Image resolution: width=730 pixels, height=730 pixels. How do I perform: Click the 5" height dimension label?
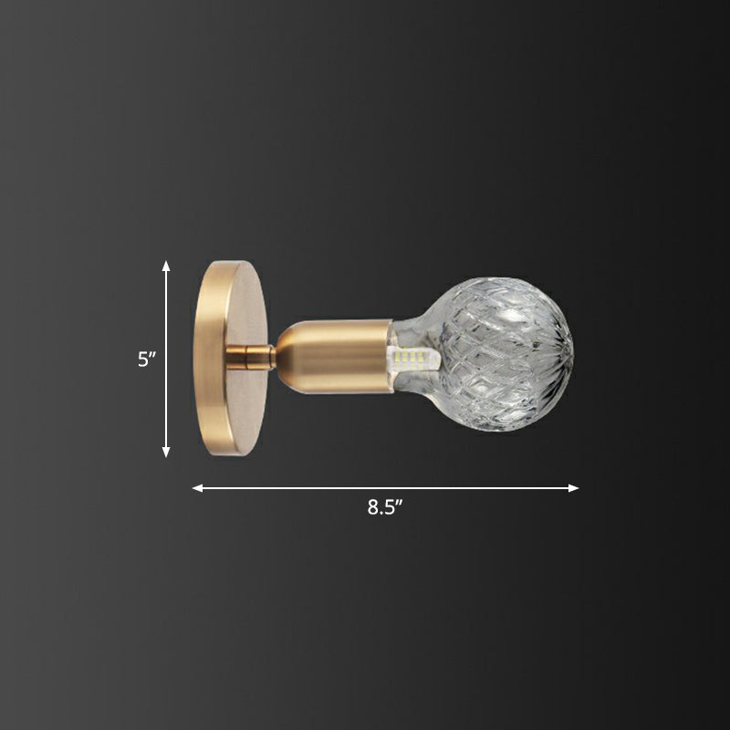click(147, 360)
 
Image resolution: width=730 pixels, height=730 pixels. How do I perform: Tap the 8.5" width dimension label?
click(385, 508)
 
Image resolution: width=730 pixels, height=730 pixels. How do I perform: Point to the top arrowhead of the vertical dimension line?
click(166, 265)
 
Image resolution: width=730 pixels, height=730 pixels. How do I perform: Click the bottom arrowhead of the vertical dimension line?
click(166, 452)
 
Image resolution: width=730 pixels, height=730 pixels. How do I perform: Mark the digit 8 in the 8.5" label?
click(373, 508)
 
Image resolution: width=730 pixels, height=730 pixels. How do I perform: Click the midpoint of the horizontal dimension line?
click(385, 488)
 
